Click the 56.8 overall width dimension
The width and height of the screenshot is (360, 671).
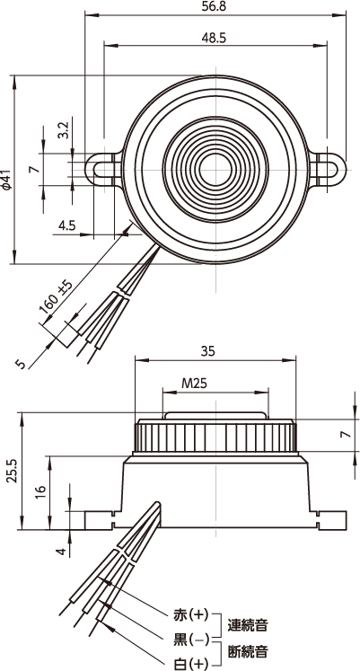point(215,6)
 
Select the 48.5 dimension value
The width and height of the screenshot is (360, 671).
point(215,38)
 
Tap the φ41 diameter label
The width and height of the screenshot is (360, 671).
point(5,181)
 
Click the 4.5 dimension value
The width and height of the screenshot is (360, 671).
point(66,225)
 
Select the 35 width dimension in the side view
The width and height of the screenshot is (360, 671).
point(207,351)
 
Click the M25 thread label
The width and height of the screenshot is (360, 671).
point(194,383)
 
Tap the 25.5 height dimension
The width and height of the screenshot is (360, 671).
point(12,472)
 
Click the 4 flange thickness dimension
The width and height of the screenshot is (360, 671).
point(63,552)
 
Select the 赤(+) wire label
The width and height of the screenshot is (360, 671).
point(190,615)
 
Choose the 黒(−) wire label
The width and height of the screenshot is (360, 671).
point(190,640)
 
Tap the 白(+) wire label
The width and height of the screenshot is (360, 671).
point(190,663)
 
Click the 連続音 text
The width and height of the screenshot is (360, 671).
point(248,625)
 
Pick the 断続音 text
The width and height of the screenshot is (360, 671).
point(248,652)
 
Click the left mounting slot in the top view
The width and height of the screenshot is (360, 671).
point(104,170)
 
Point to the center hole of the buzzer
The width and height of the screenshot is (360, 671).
point(215,170)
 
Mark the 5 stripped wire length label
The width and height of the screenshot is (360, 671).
point(20,364)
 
